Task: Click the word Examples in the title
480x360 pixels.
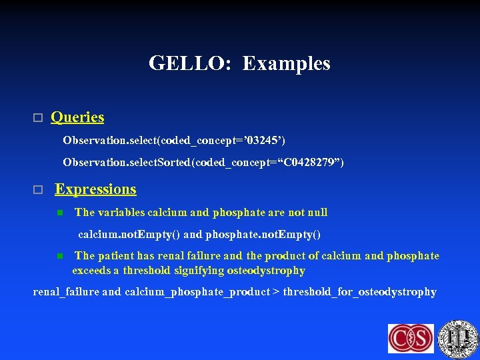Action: point(286,63)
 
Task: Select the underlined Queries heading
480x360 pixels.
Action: point(77,117)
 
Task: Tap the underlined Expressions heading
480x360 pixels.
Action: point(95,189)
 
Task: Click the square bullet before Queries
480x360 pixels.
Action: point(37,118)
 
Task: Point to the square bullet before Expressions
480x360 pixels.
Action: point(37,190)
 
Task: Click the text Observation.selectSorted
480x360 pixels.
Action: point(127,162)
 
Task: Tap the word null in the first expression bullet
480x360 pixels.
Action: point(317,213)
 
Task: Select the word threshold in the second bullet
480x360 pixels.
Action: point(147,271)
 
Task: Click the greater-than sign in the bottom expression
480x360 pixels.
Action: point(277,292)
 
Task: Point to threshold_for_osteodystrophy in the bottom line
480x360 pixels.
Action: point(360,292)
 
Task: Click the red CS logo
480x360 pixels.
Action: point(411,337)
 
